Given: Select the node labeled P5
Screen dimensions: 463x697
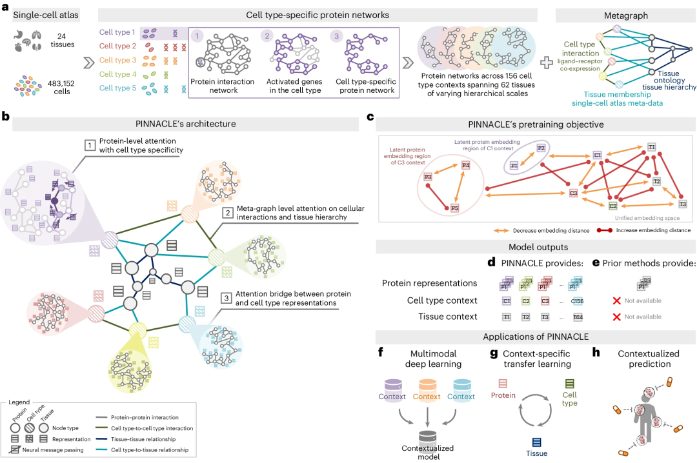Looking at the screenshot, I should pos(454,208).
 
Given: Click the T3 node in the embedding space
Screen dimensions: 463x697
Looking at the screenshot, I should pos(682,204).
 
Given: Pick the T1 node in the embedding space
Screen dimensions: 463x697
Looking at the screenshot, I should pos(652,147).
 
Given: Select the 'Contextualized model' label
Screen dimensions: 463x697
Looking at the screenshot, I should pos(427,451).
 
